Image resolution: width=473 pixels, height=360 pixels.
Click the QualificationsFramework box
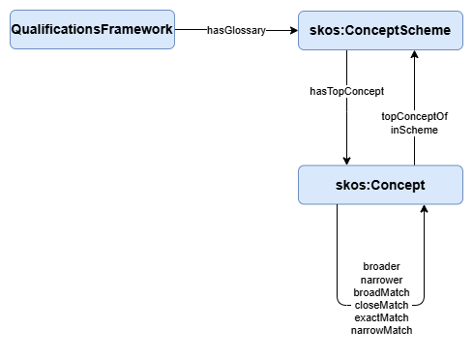[92, 30]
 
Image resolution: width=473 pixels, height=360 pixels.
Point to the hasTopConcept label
[346, 91]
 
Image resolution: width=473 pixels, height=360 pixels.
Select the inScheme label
[414, 129]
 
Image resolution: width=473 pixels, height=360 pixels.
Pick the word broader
[381, 266]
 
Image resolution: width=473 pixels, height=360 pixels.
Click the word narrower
[381, 280]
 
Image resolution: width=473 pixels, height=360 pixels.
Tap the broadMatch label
[381, 292]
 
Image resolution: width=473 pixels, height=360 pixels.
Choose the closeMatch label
[381, 305]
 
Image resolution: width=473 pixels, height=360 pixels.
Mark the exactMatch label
[381, 317]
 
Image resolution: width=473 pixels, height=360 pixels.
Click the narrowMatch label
[381, 330]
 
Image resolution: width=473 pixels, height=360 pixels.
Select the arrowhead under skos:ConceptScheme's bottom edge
[414, 56]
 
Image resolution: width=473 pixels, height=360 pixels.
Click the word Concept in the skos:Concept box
[397, 184]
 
